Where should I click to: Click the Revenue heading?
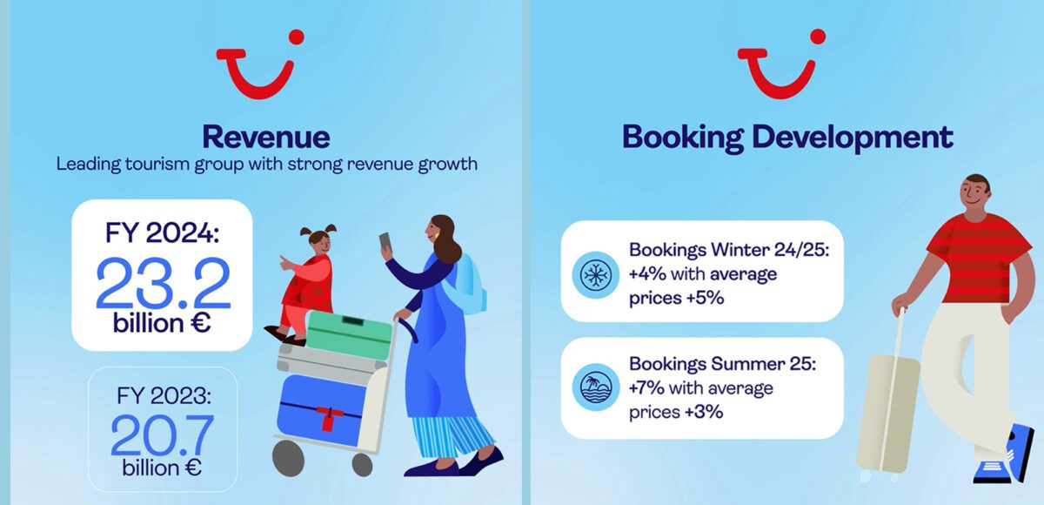click(x=266, y=137)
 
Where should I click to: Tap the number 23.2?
click(x=164, y=284)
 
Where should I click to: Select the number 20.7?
click(x=162, y=436)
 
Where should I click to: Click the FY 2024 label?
click(x=162, y=232)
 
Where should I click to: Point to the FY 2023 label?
click(x=164, y=396)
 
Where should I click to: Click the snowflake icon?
click(x=596, y=274)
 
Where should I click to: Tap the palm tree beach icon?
click(x=596, y=387)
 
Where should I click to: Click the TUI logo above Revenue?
click(x=260, y=64)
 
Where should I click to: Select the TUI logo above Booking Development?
click(x=781, y=64)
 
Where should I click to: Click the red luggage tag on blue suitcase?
click(x=328, y=418)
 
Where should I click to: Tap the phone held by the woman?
click(x=385, y=241)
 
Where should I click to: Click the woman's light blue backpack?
click(x=466, y=284)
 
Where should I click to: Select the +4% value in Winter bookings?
click(x=647, y=274)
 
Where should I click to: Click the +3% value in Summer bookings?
click(x=704, y=412)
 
